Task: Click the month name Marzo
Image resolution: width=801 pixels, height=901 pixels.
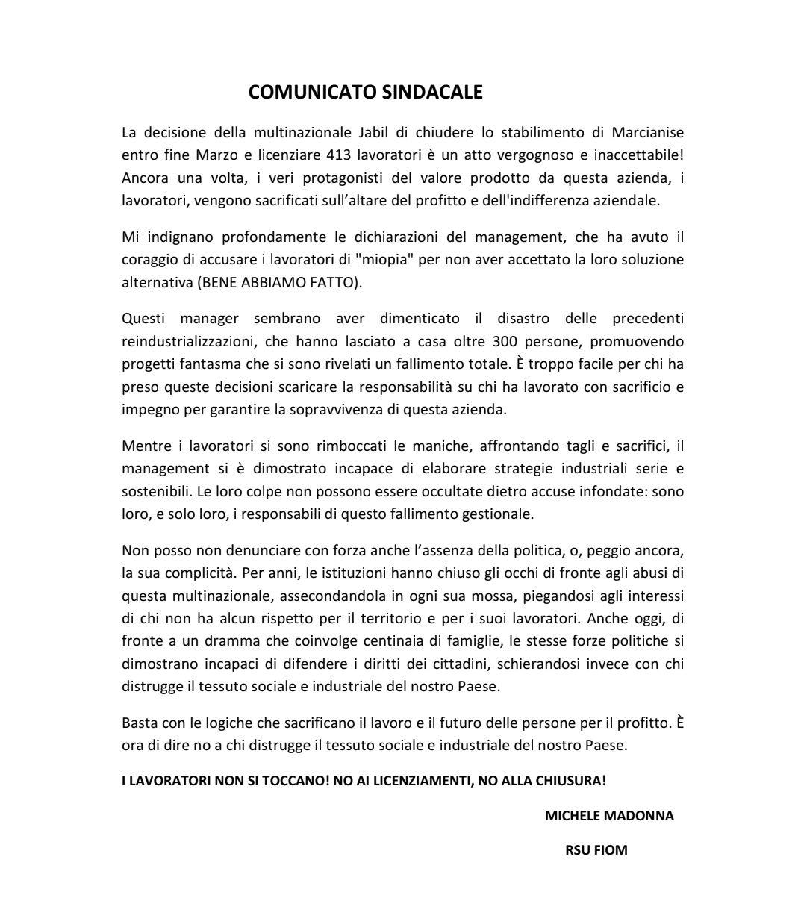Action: point(219,155)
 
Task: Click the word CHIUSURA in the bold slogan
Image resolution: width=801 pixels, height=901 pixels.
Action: point(570,781)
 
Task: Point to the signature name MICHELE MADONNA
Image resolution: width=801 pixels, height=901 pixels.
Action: point(609,816)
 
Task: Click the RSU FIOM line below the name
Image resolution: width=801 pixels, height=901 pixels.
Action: point(596,849)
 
